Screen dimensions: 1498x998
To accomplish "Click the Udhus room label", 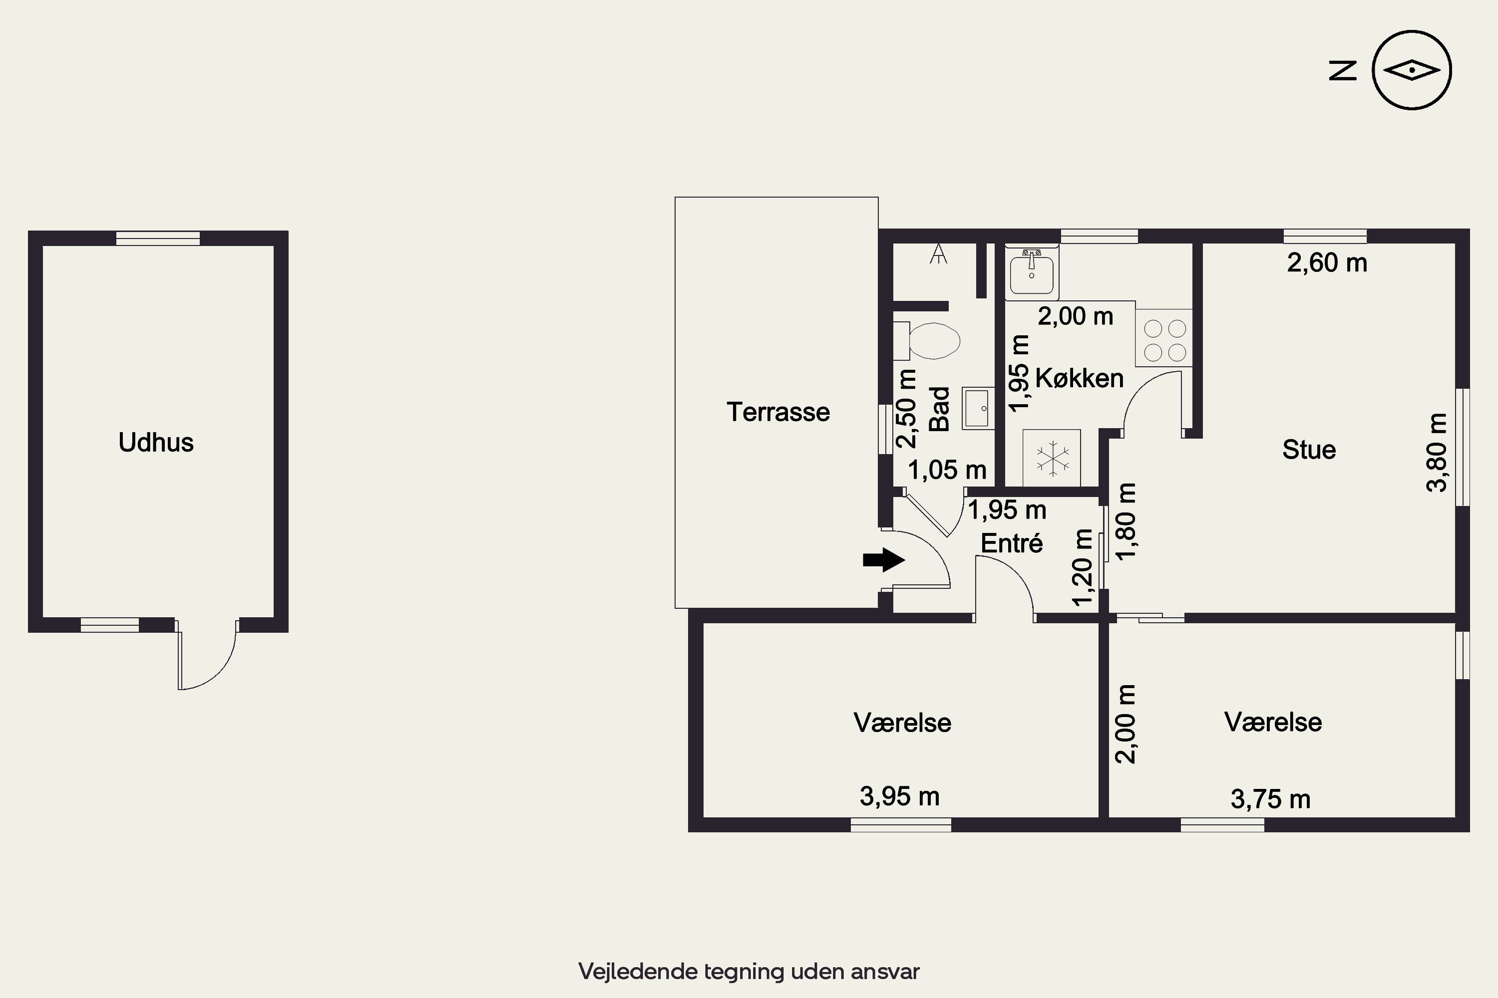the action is (x=156, y=442).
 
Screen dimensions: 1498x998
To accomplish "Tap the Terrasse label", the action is (x=778, y=412).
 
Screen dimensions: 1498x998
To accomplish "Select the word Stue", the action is (x=1309, y=450).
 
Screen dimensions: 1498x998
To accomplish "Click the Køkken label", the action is (x=1080, y=378).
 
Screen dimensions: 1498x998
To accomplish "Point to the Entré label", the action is (x=1012, y=543).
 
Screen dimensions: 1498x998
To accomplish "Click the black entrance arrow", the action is (x=884, y=560).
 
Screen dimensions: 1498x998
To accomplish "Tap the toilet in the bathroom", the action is (x=927, y=340).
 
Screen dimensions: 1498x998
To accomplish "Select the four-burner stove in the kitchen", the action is (x=1163, y=338).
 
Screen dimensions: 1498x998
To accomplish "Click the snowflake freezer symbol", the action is (x=1052, y=458).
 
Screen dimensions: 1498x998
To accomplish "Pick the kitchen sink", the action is (x=1032, y=272).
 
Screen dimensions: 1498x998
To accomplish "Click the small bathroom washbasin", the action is (x=978, y=408).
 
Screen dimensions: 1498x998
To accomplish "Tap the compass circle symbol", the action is (x=1412, y=70).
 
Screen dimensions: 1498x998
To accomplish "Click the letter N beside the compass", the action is (x=1343, y=71).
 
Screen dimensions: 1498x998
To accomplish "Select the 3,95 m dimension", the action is (x=899, y=796).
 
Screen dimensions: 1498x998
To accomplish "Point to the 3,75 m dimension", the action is (x=1271, y=799).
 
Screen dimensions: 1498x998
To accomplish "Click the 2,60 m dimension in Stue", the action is (x=1327, y=262).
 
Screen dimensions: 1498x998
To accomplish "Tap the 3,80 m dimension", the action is (x=1437, y=453).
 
